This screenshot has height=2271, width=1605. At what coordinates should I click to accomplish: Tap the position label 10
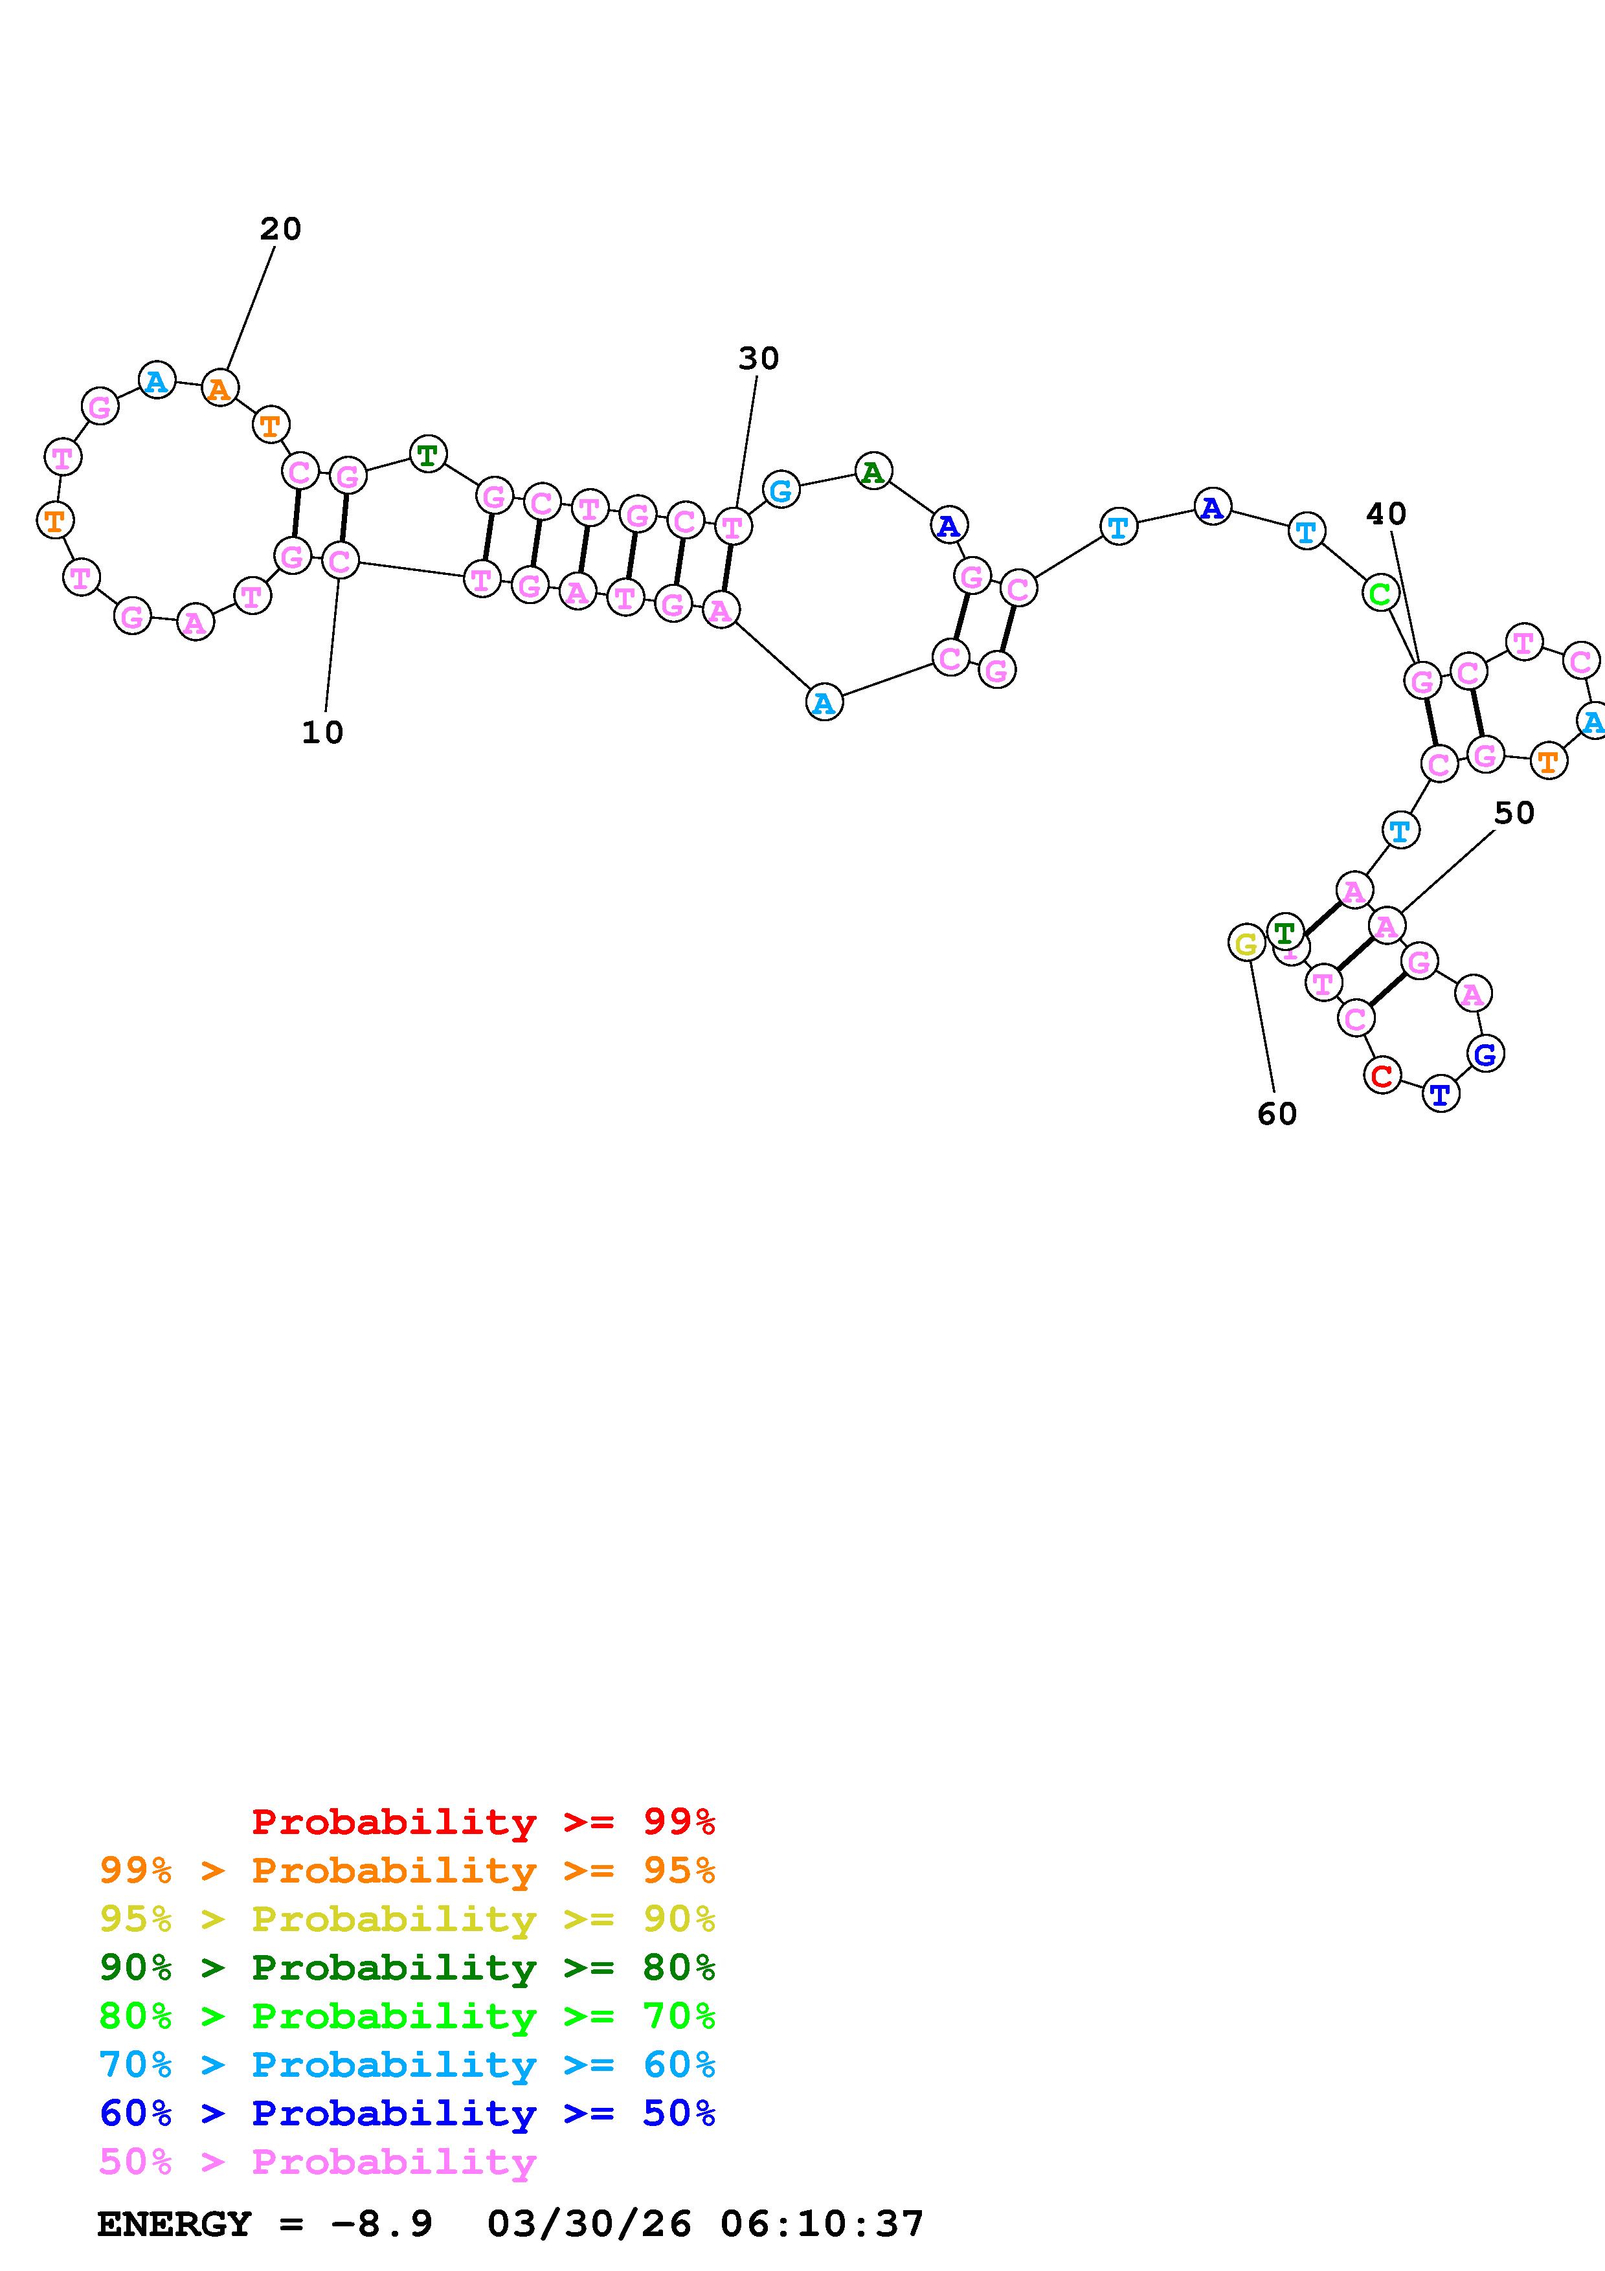[322, 733]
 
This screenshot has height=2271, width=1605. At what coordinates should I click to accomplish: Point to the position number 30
[759, 359]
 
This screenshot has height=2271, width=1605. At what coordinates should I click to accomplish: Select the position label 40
[1386, 514]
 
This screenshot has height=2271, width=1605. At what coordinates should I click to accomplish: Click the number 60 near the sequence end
[1277, 1115]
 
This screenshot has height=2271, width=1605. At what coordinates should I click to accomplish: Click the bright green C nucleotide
[1380, 594]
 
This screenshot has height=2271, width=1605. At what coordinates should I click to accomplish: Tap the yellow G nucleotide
[1246, 944]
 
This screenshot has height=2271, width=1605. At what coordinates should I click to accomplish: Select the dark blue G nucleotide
[1485, 1055]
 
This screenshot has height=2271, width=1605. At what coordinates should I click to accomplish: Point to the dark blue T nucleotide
[1440, 1094]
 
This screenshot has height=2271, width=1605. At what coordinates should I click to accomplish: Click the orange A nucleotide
[219, 388]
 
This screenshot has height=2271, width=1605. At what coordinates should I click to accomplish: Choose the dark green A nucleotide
[872, 472]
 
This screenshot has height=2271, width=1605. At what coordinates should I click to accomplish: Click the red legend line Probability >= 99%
[484, 1822]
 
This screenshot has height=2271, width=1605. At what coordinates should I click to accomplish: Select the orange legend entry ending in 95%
[407, 1870]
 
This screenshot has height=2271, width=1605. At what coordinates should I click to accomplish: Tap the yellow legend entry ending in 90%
[407, 1919]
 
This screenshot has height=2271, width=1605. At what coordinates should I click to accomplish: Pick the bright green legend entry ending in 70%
[407, 2016]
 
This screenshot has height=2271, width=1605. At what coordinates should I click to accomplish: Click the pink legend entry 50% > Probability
[317, 2162]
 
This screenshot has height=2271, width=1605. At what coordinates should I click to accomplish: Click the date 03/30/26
[589, 2224]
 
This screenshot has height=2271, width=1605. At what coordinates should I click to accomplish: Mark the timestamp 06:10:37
[822, 2224]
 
